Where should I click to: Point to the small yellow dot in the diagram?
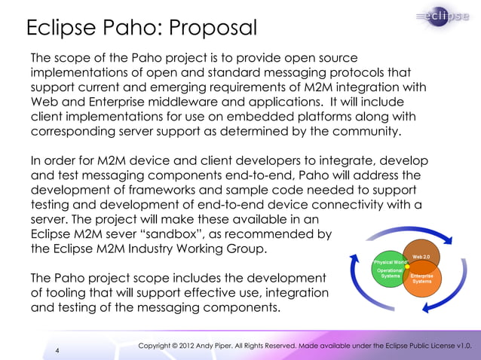click(408, 265)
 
